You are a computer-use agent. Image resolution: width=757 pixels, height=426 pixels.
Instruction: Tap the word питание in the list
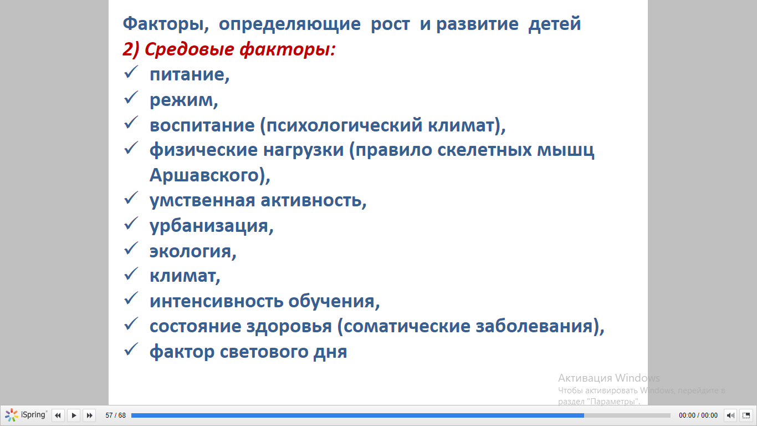187,74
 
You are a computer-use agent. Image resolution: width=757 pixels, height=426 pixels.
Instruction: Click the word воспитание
202,125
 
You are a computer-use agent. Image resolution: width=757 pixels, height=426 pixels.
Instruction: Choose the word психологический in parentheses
341,125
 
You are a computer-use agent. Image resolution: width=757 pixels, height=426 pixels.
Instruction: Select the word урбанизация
209,226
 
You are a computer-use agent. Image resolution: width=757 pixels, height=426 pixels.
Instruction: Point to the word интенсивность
216,301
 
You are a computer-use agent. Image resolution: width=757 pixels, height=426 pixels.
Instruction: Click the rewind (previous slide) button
58,415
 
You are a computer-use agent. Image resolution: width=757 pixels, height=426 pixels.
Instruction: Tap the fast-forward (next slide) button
90,415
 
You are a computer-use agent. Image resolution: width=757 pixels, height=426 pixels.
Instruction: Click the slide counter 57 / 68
116,415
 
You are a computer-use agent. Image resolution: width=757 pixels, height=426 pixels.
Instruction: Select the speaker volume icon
730,415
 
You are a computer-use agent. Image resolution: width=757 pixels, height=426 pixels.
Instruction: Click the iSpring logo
25,415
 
